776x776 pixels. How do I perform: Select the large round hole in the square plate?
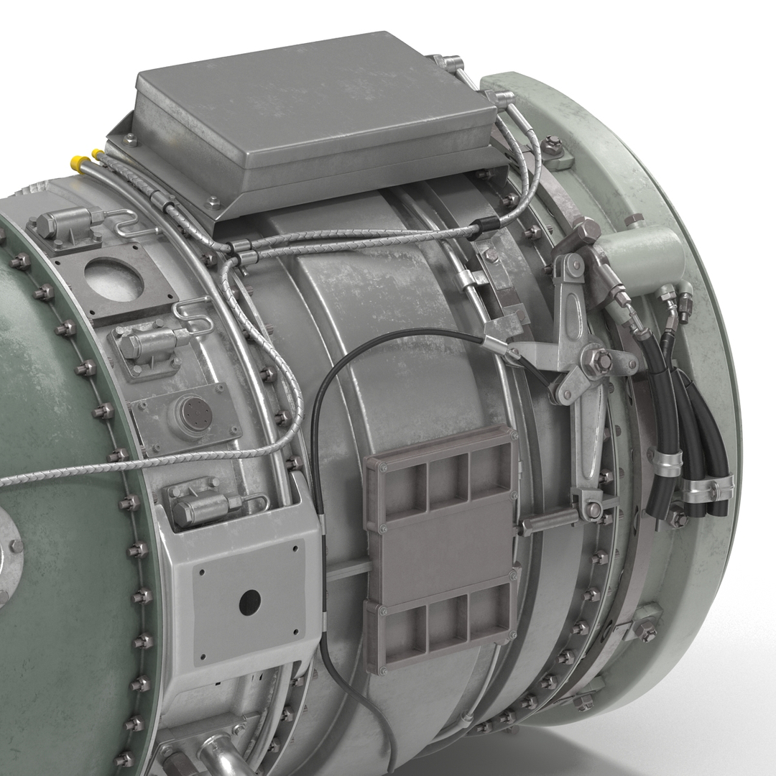click(x=114, y=279)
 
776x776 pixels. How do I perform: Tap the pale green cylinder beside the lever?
click(x=639, y=251)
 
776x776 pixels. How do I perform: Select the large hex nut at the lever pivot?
click(x=601, y=359)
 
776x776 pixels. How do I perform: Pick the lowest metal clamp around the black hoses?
click(x=704, y=492)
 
